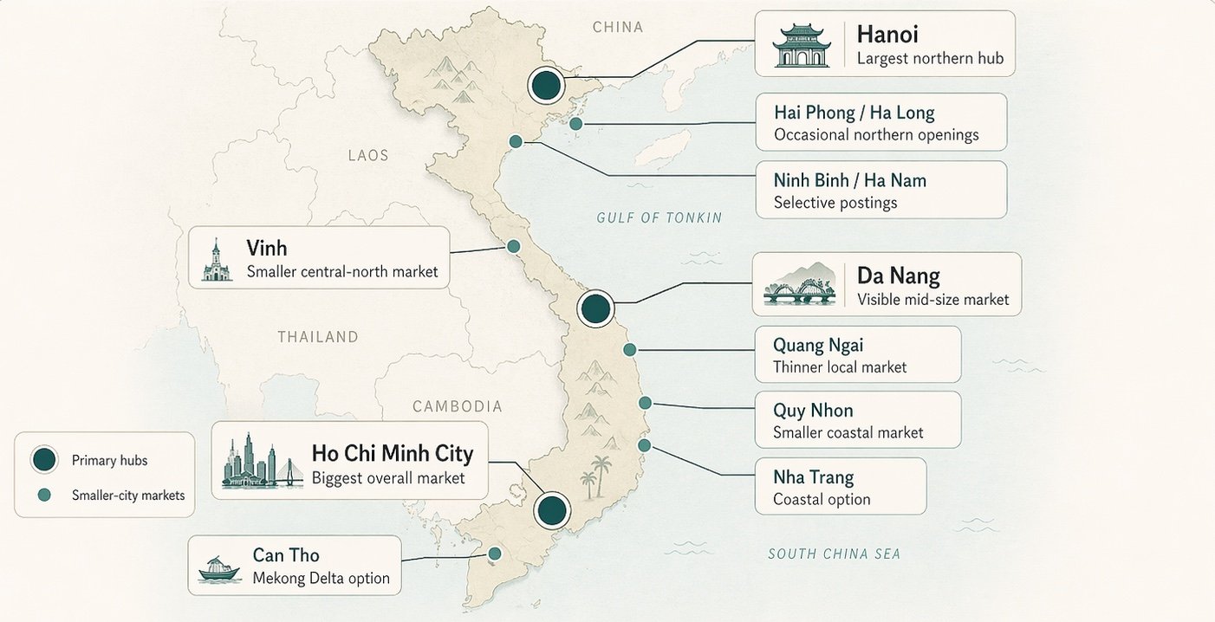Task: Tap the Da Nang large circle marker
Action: point(595,308)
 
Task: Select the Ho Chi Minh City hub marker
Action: point(551,510)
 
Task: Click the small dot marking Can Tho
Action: point(495,554)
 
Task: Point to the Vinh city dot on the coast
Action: point(513,247)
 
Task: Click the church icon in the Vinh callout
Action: point(217,261)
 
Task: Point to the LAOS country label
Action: point(368,156)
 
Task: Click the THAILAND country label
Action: point(318,337)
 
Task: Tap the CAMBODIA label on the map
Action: point(457,406)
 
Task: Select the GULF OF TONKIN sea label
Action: point(659,217)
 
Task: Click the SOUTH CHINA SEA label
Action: point(834,554)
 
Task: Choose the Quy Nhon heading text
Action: point(813,411)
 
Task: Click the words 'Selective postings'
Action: point(835,203)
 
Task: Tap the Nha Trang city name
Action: point(813,477)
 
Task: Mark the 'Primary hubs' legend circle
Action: point(44,460)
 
